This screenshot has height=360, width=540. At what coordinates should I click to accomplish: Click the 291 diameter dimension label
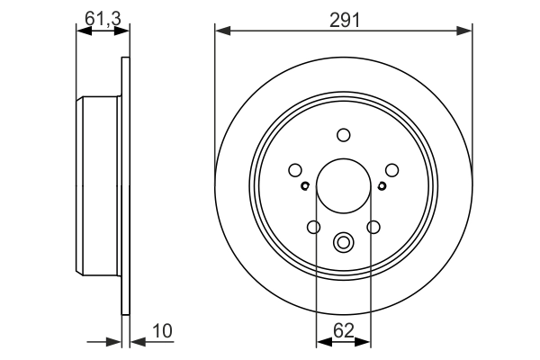tap(344, 18)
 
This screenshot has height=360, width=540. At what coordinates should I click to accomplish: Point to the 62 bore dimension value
tap(344, 329)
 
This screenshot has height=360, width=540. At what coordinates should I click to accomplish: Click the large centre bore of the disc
tap(344, 185)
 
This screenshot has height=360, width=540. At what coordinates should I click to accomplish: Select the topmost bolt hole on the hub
tap(344, 135)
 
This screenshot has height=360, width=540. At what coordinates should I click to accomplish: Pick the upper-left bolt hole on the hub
tap(295, 169)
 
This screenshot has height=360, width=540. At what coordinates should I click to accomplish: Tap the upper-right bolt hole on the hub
tap(391, 169)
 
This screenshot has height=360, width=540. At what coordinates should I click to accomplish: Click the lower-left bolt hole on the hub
tap(314, 227)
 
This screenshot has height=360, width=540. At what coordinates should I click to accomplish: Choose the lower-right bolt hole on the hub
tap(373, 227)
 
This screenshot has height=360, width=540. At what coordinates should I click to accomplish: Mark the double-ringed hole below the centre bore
tap(344, 242)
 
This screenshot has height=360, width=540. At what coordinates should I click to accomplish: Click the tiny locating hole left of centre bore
tap(305, 186)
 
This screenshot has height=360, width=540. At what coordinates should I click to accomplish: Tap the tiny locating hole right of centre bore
tap(382, 186)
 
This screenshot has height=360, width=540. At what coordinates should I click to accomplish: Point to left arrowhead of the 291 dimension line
tap(220, 31)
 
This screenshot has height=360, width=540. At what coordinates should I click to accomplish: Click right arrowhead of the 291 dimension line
tap(466, 31)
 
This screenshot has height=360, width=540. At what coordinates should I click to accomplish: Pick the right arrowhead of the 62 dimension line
tap(365, 341)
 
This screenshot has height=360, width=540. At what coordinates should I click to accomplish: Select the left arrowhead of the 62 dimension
tap(321, 341)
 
